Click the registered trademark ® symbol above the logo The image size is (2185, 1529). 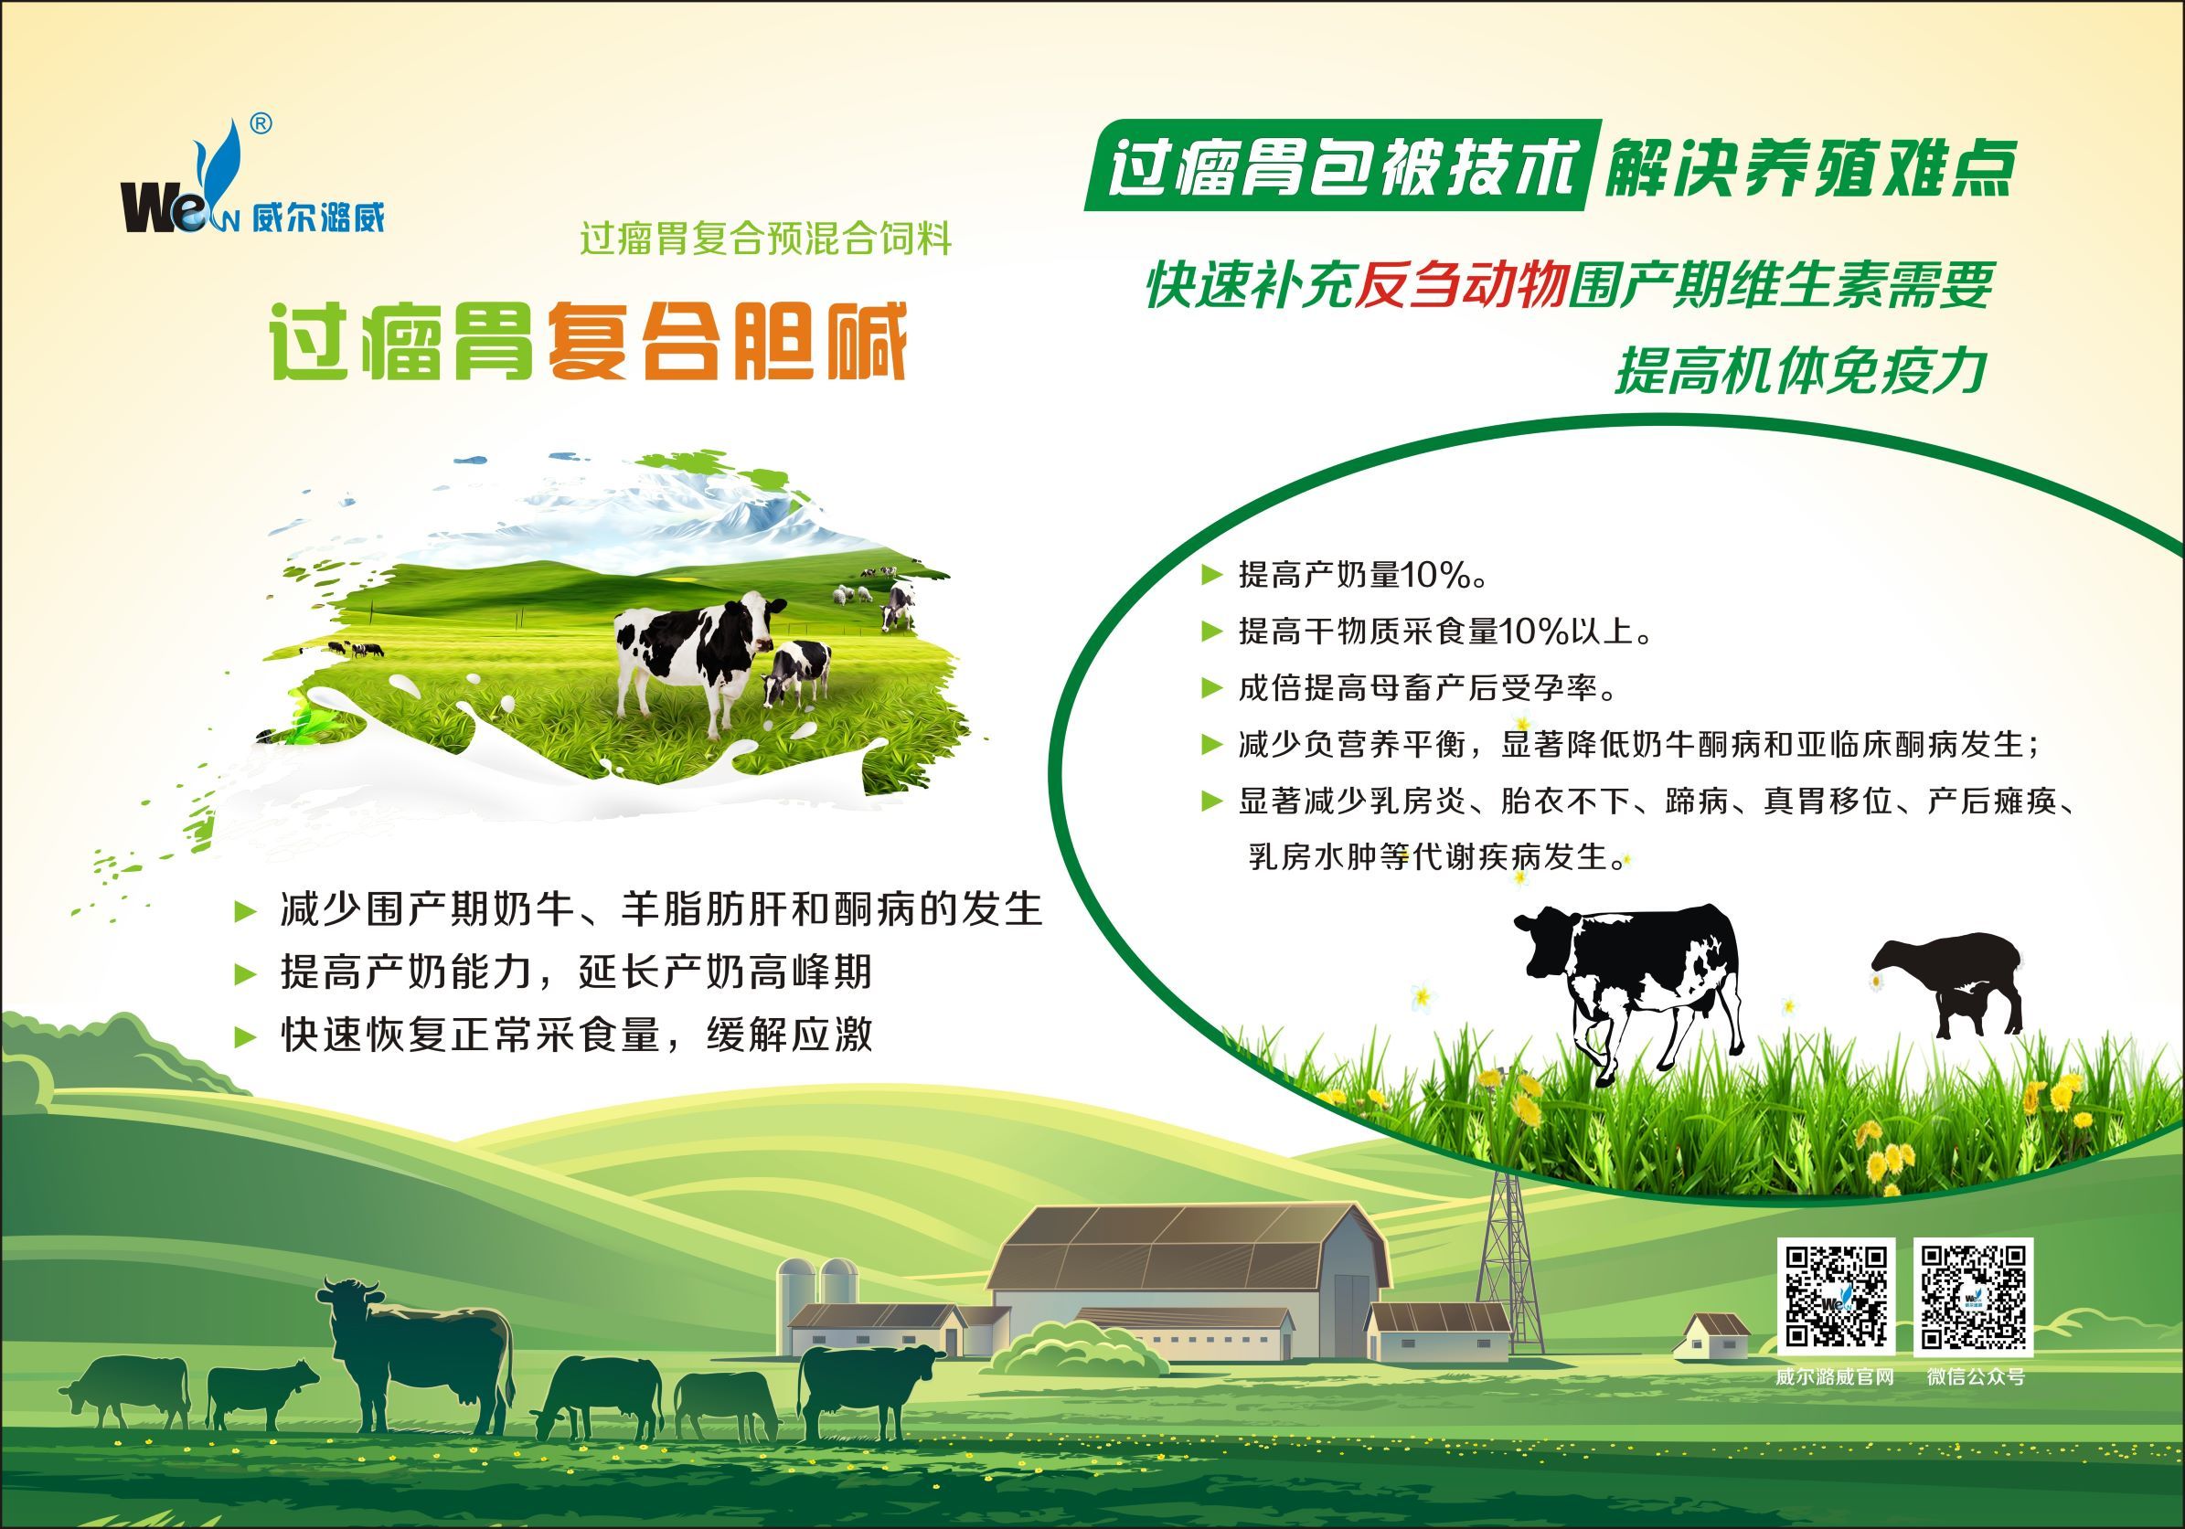261,124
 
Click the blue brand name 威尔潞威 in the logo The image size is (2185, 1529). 319,218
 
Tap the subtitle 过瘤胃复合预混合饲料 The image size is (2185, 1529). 766,239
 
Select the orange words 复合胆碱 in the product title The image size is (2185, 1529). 726,341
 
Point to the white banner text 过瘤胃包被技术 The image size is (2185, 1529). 1343,167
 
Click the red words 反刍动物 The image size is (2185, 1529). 1461,283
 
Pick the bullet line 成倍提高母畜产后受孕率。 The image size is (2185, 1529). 1426,688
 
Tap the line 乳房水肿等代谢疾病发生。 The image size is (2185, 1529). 1437,857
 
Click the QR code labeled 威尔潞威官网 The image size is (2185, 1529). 1836,1298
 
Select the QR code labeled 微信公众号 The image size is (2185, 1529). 1974,1298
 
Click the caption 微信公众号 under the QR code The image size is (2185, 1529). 1976,1376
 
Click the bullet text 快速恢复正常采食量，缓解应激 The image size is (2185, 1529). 576,1035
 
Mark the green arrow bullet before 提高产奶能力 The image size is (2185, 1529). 246,973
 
